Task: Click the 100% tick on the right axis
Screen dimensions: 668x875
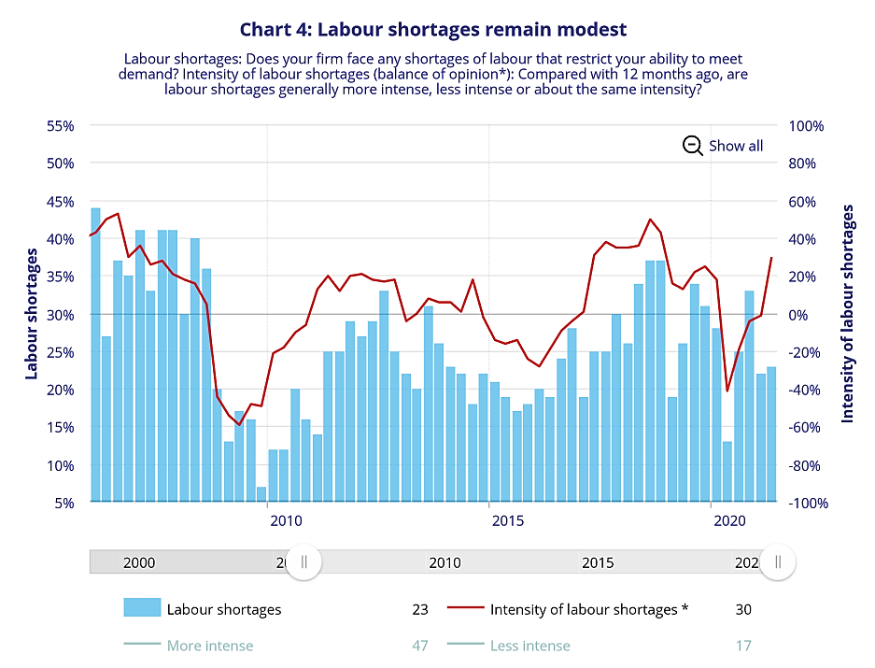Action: (806, 125)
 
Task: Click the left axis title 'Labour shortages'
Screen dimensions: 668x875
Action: (32, 307)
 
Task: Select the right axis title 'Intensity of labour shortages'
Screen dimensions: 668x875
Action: (848, 314)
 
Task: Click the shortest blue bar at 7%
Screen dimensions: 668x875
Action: (261, 494)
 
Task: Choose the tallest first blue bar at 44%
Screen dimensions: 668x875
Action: (95, 355)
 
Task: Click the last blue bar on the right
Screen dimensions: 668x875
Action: (771, 434)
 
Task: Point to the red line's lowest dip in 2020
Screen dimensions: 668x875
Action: (727, 391)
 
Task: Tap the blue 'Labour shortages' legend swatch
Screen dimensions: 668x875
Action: (142, 608)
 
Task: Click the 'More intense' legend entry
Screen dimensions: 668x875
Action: (209, 645)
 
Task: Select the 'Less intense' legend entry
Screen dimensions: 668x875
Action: (529, 645)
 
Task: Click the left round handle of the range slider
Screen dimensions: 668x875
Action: (303, 561)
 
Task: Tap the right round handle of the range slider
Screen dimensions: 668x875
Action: (777, 561)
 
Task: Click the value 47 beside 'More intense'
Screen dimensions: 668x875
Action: (419, 645)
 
